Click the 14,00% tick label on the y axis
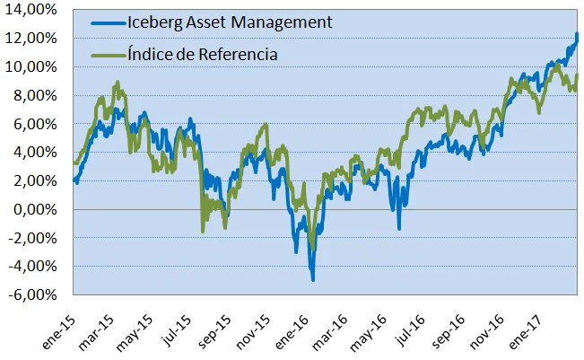coord(31,10)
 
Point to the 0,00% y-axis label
coord(35,209)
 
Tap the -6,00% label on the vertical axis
coord(32,294)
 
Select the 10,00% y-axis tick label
coord(31,67)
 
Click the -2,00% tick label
coord(32,238)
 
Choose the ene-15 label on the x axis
coord(59,333)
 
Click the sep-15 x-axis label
coord(214,333)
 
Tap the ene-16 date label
coord(292,333)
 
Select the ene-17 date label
coord(526,333)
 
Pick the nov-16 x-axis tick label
coord(487,333)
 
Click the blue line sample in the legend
coord(108,23)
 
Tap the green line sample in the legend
coord(108,55)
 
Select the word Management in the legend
coord(282,23)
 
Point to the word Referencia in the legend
coord(238,55)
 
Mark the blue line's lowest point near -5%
coord(313,279)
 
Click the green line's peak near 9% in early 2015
coord(118,82)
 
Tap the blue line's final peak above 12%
coord(577,34)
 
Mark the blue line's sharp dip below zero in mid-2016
coord(399,228)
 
